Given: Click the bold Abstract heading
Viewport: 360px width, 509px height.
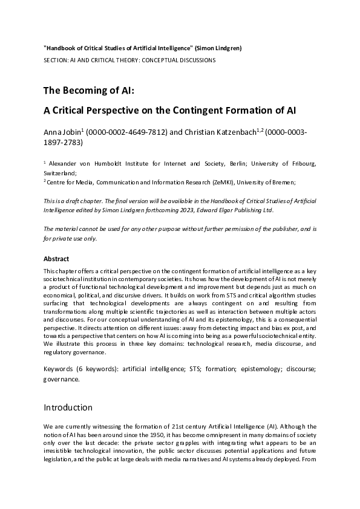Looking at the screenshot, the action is click(x=56, y=258).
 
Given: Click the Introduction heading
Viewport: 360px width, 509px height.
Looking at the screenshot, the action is click(x=68, y=407).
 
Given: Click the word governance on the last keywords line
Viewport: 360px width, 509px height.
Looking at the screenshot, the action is click(x=61, y=379).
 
